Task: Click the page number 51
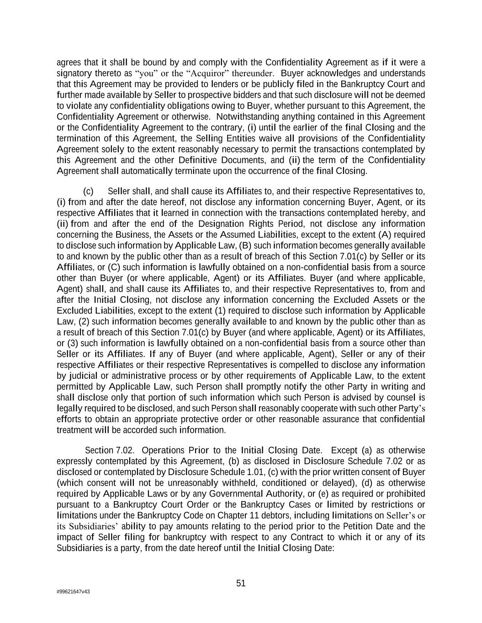point(241,583)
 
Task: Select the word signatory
point(74,73)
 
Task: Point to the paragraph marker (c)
point(88,191)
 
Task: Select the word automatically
point(143,171)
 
